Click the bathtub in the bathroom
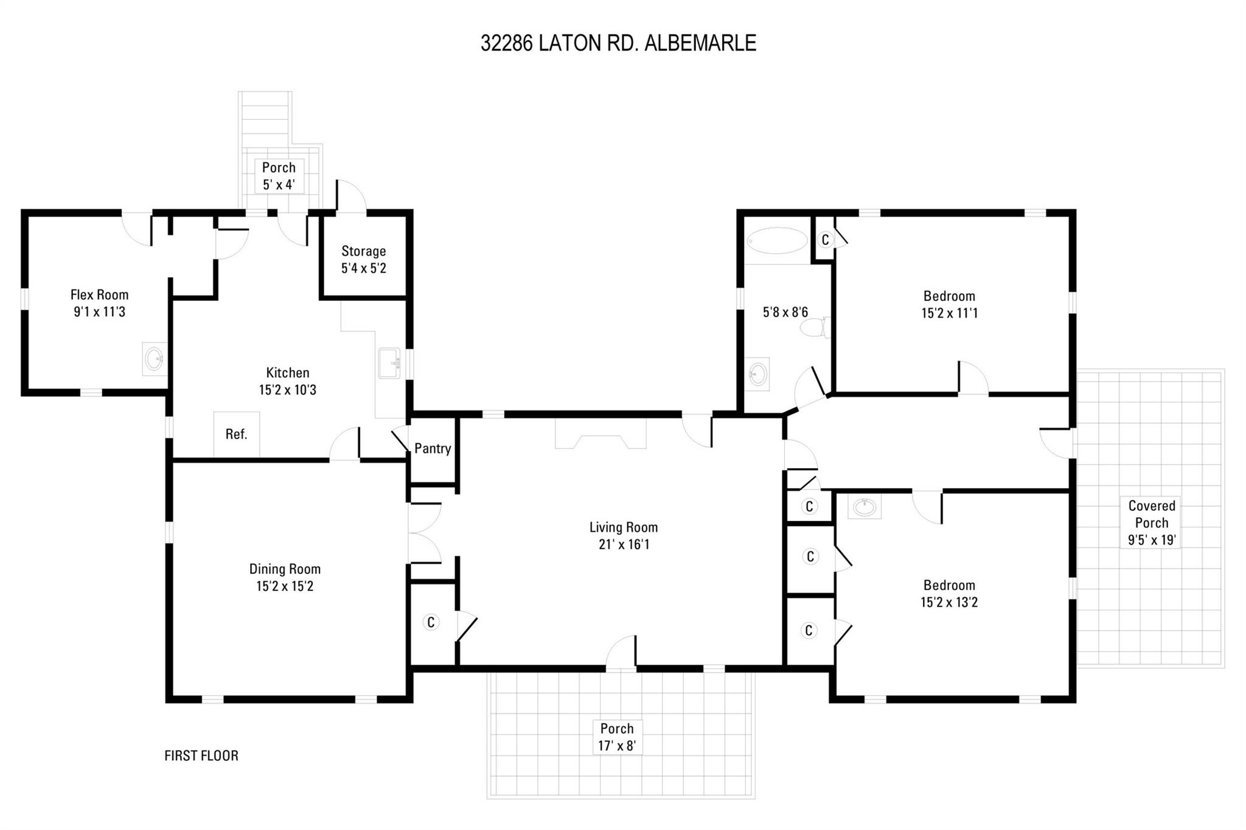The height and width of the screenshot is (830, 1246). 776,241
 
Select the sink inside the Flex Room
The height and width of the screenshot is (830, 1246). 154,359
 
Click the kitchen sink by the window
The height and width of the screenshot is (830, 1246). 389,363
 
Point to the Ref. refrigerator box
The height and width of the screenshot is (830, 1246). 236,434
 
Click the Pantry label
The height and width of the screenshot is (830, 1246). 433,449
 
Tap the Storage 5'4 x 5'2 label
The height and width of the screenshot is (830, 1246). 364,260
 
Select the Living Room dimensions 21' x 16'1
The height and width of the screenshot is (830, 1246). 624,544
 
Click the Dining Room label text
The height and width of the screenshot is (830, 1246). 285,569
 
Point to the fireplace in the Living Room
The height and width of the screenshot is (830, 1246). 600,434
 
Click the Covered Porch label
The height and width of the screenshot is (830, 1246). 1151,514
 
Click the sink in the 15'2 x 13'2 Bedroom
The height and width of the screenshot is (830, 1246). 864,507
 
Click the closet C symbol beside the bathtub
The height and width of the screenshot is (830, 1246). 825,240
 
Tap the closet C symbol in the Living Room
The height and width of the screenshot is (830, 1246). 431,622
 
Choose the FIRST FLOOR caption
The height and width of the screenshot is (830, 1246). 201,756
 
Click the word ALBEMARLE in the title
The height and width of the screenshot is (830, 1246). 700,43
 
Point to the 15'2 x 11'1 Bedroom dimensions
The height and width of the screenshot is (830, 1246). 949,313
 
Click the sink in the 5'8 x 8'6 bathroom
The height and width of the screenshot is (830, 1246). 757,373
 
